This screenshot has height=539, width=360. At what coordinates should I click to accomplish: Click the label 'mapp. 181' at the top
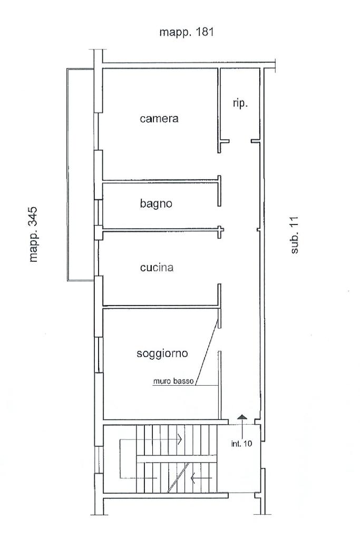186,33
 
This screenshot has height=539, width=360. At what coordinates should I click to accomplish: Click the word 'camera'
159,119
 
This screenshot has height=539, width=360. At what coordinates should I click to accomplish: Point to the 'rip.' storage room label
240,104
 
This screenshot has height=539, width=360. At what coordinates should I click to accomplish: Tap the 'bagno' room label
157,203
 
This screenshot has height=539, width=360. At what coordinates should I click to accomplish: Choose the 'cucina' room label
157,268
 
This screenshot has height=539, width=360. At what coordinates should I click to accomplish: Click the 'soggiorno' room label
162,354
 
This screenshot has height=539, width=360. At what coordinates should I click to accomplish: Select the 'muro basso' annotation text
173,382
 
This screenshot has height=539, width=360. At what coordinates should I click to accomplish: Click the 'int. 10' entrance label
241,443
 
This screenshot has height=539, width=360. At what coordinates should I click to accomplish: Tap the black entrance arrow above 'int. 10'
241,417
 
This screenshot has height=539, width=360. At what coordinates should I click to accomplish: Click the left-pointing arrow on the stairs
194,478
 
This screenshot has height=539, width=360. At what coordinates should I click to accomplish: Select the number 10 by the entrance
247,443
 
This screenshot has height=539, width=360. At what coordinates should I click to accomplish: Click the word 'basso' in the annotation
184,382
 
